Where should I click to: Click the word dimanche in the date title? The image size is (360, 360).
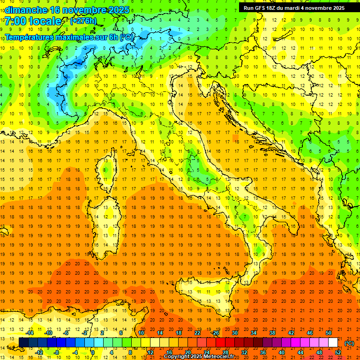click(26, 10)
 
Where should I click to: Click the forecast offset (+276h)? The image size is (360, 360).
click(83, 21)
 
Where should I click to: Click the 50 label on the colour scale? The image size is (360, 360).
click(329, 333)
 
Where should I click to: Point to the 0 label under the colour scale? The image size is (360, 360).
click(92, 352)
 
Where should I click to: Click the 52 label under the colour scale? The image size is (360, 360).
click(338, 352)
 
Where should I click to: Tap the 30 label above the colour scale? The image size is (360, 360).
click(234, 333)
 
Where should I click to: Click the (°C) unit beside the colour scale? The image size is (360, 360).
click(349, 343)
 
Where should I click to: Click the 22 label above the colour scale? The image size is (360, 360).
click(197, 333)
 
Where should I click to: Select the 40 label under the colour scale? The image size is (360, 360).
click(282, 352)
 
